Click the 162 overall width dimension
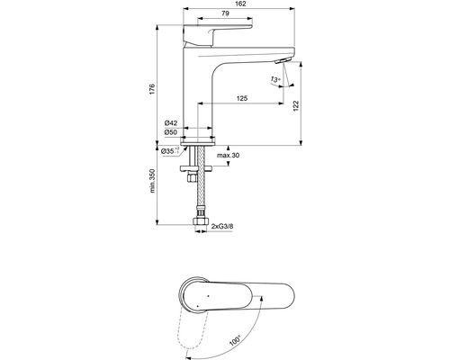(x=240, y=4)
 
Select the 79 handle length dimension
(x=225, y=13)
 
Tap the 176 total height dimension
(x=152, y=89)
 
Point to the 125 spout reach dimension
(x=242, y=98)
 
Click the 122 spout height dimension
(x=296, y=106)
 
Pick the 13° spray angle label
(x=275, y=79)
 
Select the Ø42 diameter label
(x=171, y=123)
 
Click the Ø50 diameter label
(x=171, y=132)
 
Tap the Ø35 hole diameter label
(x=169, y=151)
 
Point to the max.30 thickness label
(x=229, y=156)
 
